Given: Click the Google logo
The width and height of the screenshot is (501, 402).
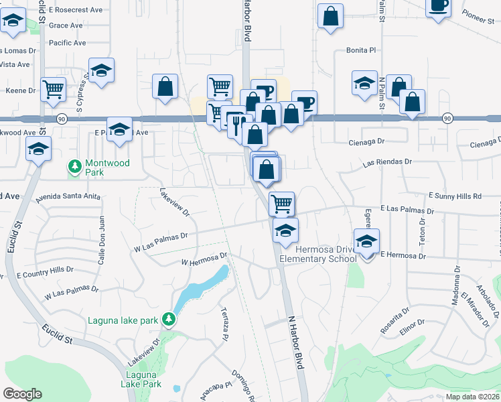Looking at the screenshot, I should point(22,394).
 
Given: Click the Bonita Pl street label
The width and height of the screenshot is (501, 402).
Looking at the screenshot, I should point(362,50).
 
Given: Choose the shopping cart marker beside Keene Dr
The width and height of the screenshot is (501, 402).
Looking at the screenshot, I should point(53,88).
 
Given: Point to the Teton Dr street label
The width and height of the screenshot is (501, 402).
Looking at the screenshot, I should point(423,229).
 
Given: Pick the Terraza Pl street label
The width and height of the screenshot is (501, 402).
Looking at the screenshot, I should point(225,324).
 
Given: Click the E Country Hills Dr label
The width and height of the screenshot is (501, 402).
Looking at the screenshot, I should point(45,271).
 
